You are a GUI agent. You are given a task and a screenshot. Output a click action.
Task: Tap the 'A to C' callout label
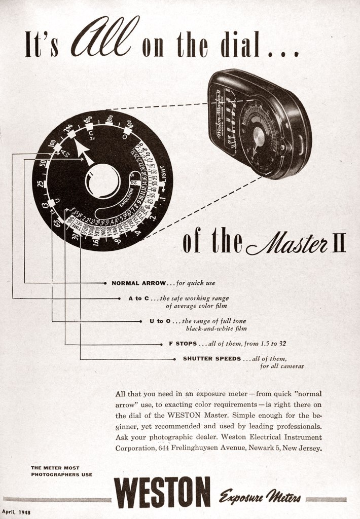[x=138, y=299]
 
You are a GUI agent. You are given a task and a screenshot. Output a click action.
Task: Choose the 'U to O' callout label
[x=160, y=321]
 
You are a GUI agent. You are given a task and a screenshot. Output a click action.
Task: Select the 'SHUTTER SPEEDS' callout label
[x=211, y=358]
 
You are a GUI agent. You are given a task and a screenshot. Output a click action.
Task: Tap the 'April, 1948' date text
[x=16, y=512]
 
